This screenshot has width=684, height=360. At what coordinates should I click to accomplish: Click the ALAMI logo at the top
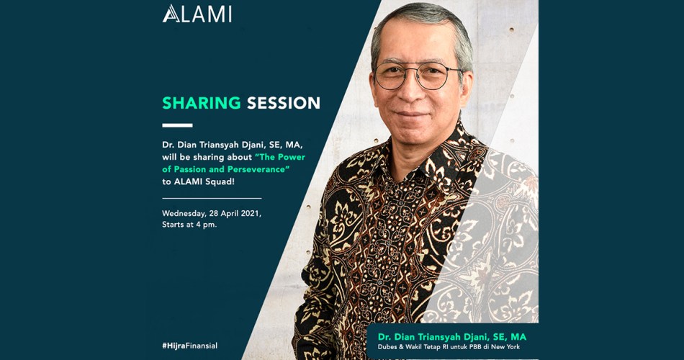197,14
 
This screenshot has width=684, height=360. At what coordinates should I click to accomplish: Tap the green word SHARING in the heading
202,103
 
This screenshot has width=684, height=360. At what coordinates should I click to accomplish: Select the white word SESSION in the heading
284,103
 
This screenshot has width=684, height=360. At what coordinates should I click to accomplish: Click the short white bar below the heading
177,125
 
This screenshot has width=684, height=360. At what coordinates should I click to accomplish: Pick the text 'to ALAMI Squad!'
199,182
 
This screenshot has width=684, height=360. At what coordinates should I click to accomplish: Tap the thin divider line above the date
212,198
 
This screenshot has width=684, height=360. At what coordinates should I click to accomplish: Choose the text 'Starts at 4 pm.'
189,225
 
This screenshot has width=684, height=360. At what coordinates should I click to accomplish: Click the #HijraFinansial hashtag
190,346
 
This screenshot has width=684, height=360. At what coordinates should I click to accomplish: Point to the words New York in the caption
507,347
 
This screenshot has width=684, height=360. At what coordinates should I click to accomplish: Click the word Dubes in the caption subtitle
386,347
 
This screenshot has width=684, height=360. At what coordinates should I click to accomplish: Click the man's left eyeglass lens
390,76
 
